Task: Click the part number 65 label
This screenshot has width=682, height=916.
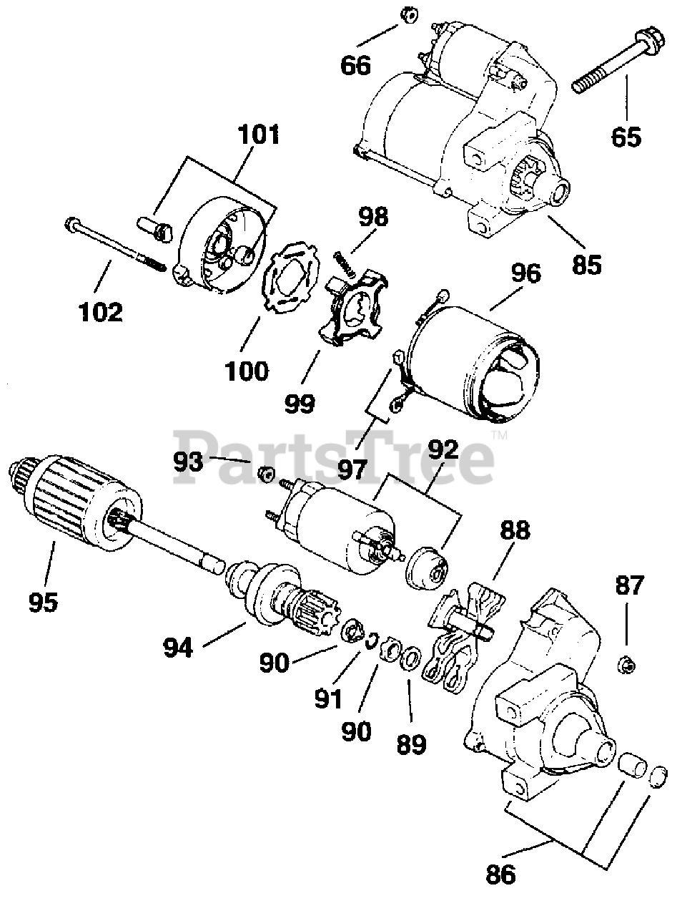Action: tap(626, 135)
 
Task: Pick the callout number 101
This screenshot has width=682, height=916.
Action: tap(260, 134)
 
